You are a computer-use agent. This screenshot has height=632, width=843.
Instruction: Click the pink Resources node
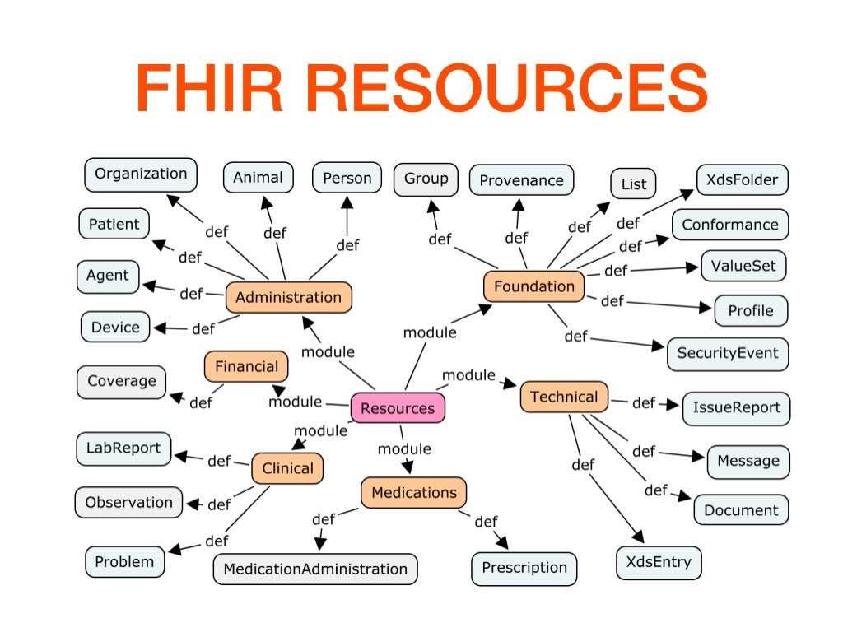pyautogui.click(x=398, y=408)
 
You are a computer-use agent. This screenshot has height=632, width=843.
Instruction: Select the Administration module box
pyautogui.click(x=288, y=298)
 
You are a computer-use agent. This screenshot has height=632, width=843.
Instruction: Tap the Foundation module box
pyautogui.click(x=533, y=286)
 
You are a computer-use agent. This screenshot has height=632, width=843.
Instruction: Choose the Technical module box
pyautogui.click(x=564, y=397)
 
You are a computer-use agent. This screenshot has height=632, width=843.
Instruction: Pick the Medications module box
pyautogui.click(x=413, y=493)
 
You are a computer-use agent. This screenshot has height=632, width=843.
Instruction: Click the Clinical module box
pyautogui.click(x=287, y=468)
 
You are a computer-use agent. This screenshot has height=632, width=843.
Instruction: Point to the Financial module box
pyautogui.click(x=246, y=366)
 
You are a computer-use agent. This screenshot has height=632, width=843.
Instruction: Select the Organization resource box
pyautogui.click(x=141, y=174)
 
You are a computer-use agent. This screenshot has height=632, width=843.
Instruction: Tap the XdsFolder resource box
pyautogui.click(x=742, y=180)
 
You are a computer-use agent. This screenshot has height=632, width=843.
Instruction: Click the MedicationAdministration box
pyautogui.click(x=315, y=569)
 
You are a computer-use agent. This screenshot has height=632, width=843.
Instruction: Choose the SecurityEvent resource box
pyautogui.click(x=727, y=354)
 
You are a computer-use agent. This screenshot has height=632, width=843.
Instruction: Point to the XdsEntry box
pyautogui.click(x=659, y=564)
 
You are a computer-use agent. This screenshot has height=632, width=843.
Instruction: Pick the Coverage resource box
pyautogui.click(x=122, y=382)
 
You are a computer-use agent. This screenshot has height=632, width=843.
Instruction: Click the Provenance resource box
pyautogui.click(x=521, y=180)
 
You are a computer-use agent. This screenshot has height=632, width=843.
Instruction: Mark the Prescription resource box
pyautogui.click(x=524, y=568)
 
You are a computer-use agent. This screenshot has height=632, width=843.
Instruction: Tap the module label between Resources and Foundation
pyautogui.click(x=429, y=332)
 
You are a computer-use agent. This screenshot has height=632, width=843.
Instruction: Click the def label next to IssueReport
pyautogui.click(x=643, y=403)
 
